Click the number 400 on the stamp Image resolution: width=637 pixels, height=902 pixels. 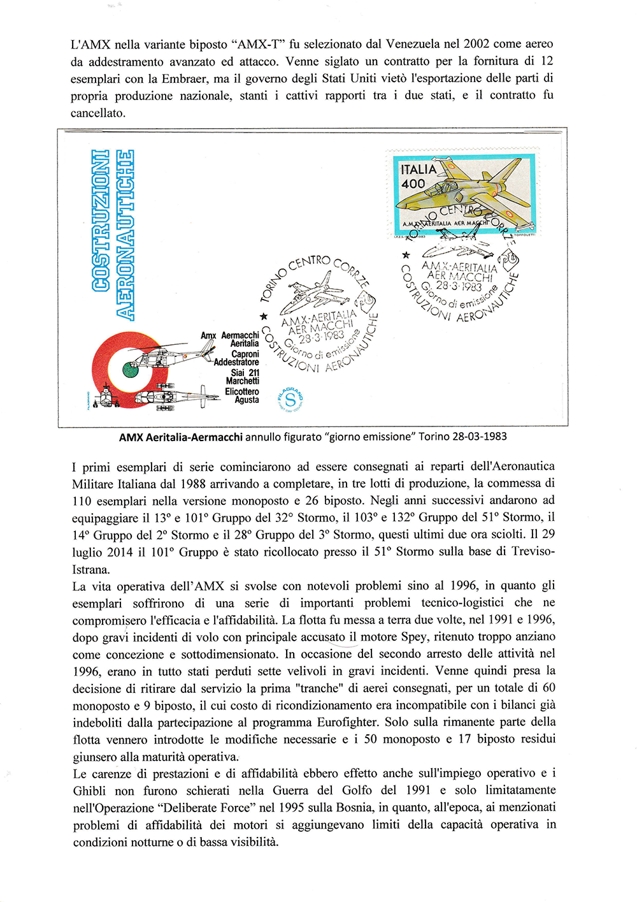coord(413,184)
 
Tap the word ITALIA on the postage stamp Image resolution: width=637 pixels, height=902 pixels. coord(419,170)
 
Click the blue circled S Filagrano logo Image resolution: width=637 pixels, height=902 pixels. coord(290,400)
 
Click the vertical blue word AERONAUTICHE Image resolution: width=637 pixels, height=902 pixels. coord(125,234)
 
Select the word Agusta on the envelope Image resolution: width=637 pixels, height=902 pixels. coord(247,400)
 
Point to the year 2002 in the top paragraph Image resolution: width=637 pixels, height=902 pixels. coord(476,44)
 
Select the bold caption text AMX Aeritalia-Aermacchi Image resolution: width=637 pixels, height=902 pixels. coord(180,437)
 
